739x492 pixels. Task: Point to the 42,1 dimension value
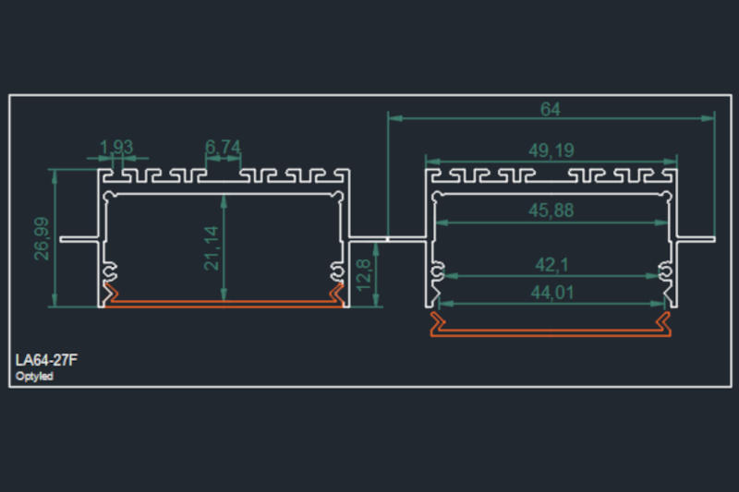(552, 265)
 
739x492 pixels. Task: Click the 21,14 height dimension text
(213, 248)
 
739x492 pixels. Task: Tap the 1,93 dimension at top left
(116, 147)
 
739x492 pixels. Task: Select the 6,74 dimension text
(223, 147)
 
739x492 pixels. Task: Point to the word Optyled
(34, 377)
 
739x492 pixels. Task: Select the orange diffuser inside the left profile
(223, 300)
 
